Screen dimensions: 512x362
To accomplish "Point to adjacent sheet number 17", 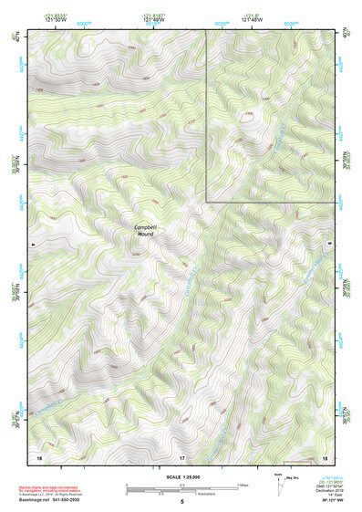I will point(181,456).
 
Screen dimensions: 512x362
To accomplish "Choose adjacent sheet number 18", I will point(326,456).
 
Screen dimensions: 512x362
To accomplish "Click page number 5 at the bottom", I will point(181,502).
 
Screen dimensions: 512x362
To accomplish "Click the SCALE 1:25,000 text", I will point(181,476).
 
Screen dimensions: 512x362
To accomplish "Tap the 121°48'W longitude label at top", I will point(152,20).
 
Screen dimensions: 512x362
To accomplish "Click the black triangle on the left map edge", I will point(31,246).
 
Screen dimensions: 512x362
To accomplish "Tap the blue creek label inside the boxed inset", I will point(278,137).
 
